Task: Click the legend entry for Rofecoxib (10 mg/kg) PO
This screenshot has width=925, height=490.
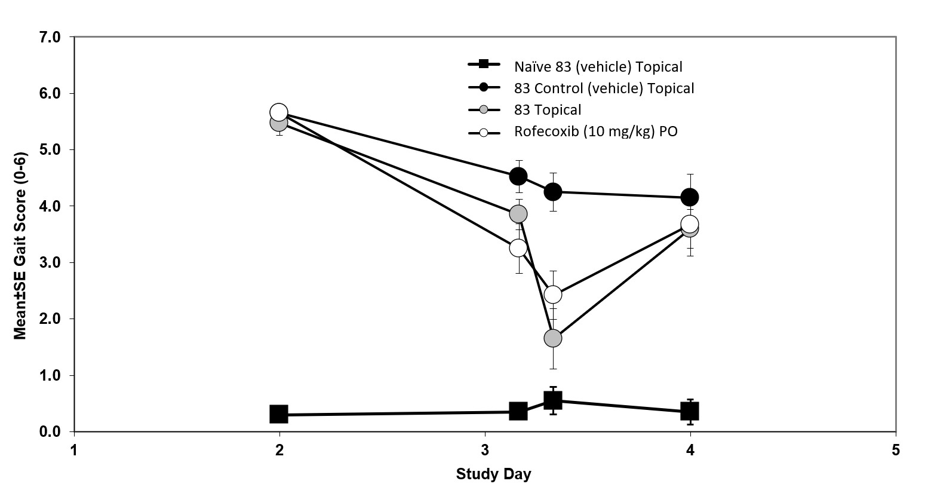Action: tap(595, 131)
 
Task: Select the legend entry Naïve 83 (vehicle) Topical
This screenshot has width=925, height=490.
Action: tap(598, 66)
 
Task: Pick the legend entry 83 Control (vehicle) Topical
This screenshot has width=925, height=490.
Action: tap(604, 88)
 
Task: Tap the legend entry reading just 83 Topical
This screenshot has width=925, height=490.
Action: tap(548, 110)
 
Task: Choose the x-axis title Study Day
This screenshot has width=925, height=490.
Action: tap(493, 475)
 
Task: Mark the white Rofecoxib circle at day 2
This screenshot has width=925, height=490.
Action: tap(279, 112)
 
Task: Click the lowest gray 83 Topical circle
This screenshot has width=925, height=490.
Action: tap(553, 338)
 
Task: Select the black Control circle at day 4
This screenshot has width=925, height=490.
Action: tap(690, 197)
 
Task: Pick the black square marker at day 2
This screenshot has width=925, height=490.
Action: tap(279, 414)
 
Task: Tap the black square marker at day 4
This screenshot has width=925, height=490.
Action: tap(690, 411)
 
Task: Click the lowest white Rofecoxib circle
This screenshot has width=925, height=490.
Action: tap(553, 295)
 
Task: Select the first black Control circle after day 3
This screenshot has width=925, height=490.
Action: tap(518, 176)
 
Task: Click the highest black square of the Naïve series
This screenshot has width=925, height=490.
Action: tap(553, 400)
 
